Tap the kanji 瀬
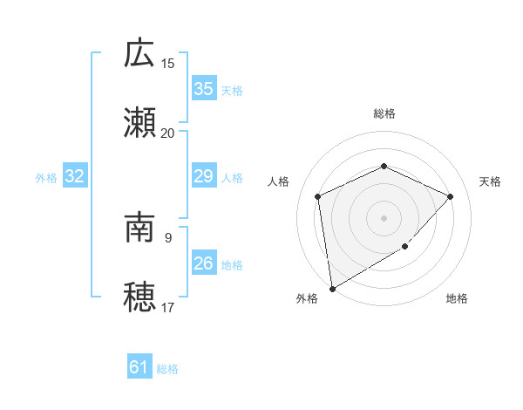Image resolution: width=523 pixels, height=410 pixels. [140, 121]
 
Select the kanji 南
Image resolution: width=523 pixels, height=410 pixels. [140, 229]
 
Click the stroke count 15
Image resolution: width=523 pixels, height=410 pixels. [168, 63]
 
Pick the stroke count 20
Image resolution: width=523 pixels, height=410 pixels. [168, 133]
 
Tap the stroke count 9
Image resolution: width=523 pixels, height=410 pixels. [168, 237]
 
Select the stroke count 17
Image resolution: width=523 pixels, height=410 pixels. [168, 308]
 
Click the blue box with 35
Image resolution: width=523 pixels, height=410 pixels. [203, 89]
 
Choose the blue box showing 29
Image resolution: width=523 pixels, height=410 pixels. [203, 176]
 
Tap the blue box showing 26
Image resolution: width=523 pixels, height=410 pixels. [203, 263]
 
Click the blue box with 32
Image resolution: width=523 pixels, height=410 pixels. [75, 176]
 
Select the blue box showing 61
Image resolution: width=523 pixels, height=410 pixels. [139, 367]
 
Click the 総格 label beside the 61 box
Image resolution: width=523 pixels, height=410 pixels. [167, 369]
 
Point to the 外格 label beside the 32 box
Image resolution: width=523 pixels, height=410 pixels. [46, 178]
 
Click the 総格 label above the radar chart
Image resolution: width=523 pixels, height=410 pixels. [384, 113]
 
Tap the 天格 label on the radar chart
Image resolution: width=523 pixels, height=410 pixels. [490, 181]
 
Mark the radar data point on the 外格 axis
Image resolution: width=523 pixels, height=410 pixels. [332, 289]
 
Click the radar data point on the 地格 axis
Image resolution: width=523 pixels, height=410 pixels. [405, 247]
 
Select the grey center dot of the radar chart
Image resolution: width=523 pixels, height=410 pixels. [384, 217]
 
